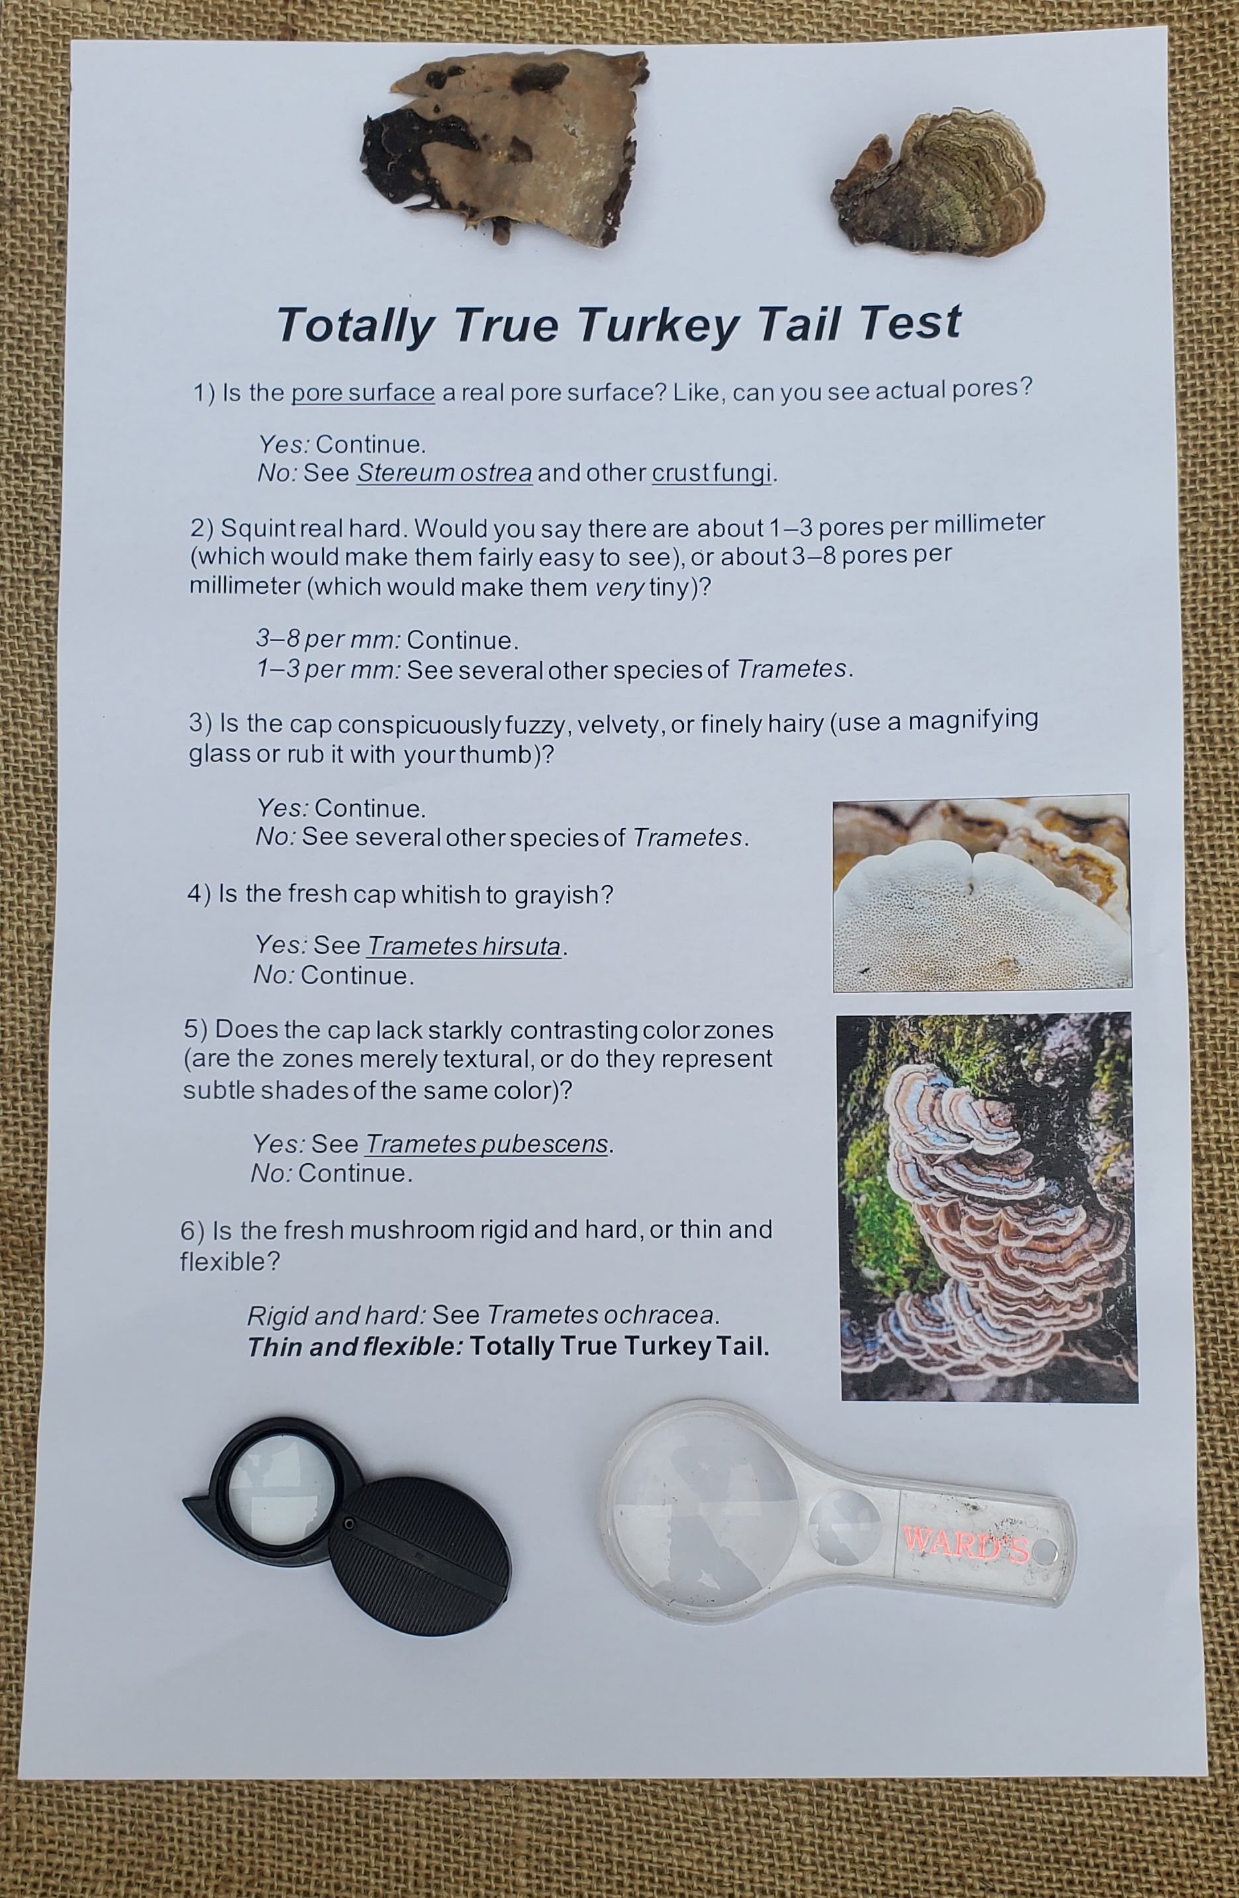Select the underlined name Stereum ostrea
tap(444, 473)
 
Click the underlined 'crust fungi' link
tap(712, 473)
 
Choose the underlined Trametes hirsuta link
tap(464, 947)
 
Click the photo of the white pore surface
tap(981, 893)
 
